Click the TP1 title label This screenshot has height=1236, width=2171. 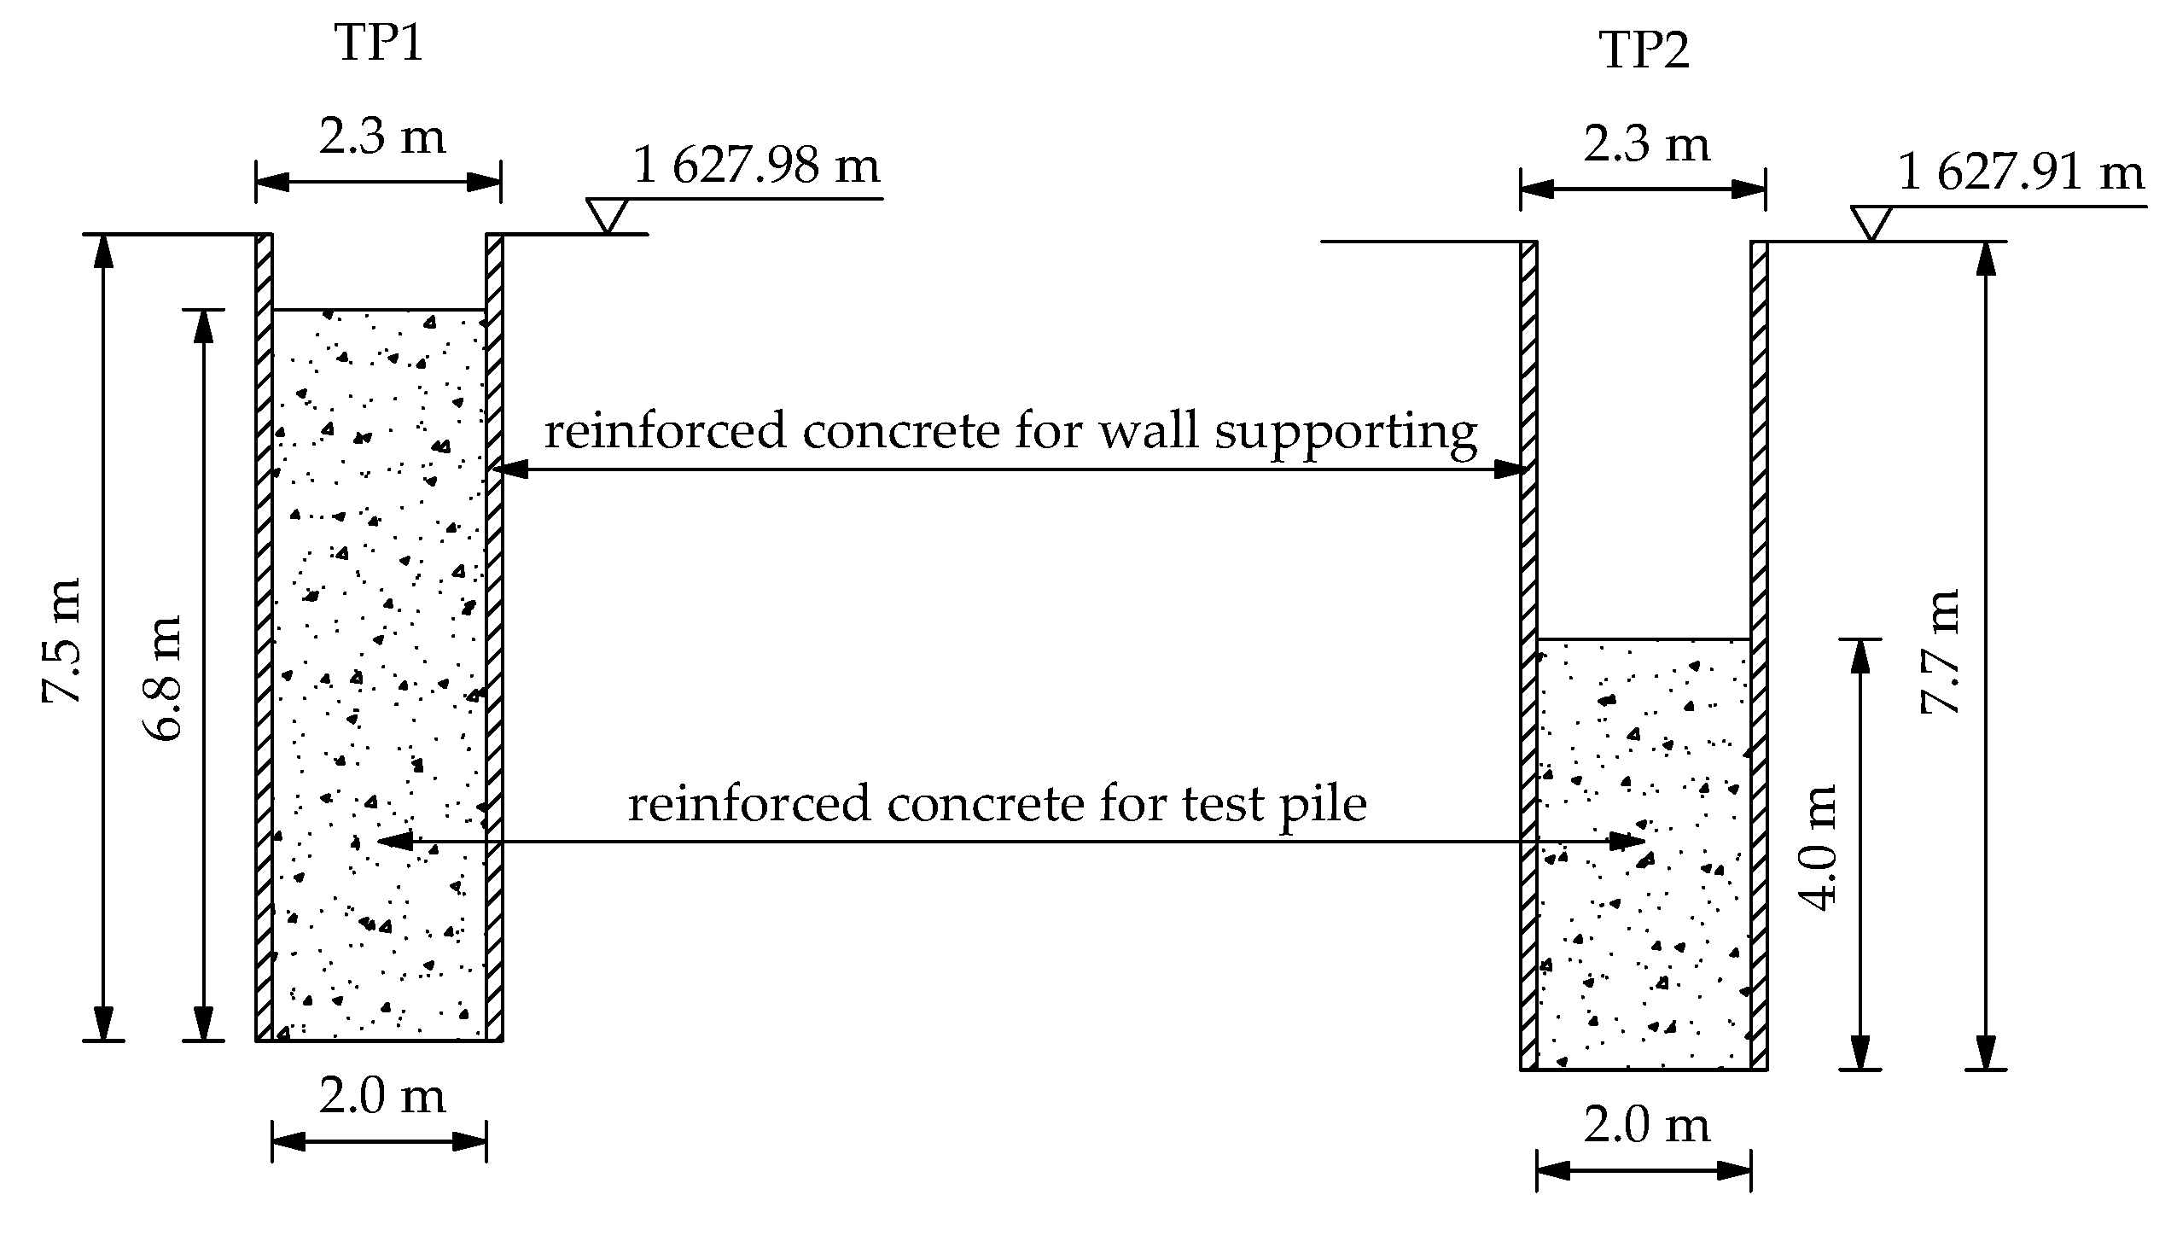click(380, 44)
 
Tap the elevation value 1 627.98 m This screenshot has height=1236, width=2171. click(756, 166)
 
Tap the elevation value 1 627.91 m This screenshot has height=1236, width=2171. click(2019, 174)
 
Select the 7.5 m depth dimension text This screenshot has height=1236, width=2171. click(62, 640)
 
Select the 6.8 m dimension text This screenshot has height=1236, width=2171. click(162, 678)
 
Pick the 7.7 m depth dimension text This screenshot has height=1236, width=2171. click(1939, 650)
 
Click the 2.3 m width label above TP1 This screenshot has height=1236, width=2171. click(381, 137)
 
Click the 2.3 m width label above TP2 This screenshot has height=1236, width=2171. click(1646, 144)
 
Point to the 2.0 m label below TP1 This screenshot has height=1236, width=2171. click(381, 1096)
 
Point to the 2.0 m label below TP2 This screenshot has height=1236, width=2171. click(1646, 1125)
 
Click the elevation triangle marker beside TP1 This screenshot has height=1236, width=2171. click(607, 214)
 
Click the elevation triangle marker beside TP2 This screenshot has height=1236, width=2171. click(1871, 222)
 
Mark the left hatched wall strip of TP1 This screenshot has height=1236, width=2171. click(264, 636)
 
